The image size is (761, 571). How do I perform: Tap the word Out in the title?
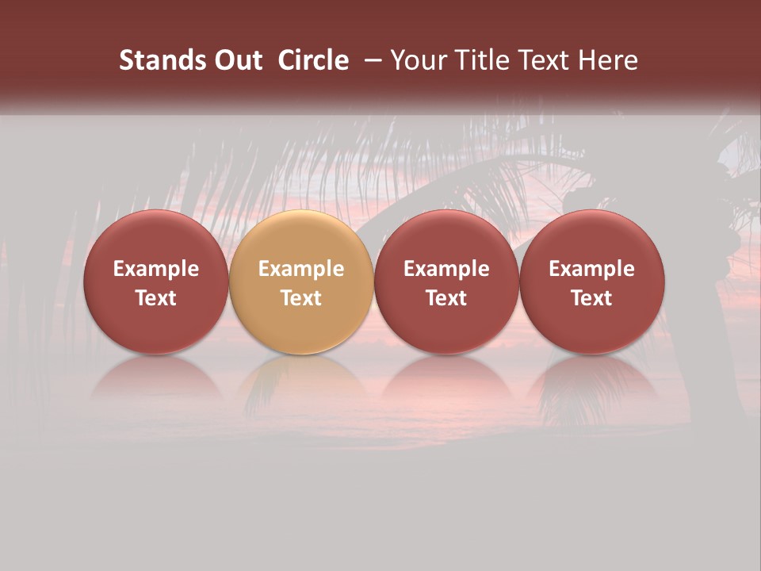pyautogui.click(x=235, y=60)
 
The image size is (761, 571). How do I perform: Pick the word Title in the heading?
pyautogui.click(x=483, y=60)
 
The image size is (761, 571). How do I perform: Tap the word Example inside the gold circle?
pyautogui.click(x=301, y=269)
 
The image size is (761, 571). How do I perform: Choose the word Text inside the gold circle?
pyautogui.click(x=301, y=298)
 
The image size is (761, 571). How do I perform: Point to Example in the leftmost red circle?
pyautogui.click(x=156, y=269)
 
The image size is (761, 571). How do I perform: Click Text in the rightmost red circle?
pyautogui.click(x=592, y=298)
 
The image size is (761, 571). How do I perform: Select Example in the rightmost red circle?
pyautogui.click(x=592, y=269)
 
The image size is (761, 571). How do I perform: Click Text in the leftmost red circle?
pyautogui.click(x=156, y=298)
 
